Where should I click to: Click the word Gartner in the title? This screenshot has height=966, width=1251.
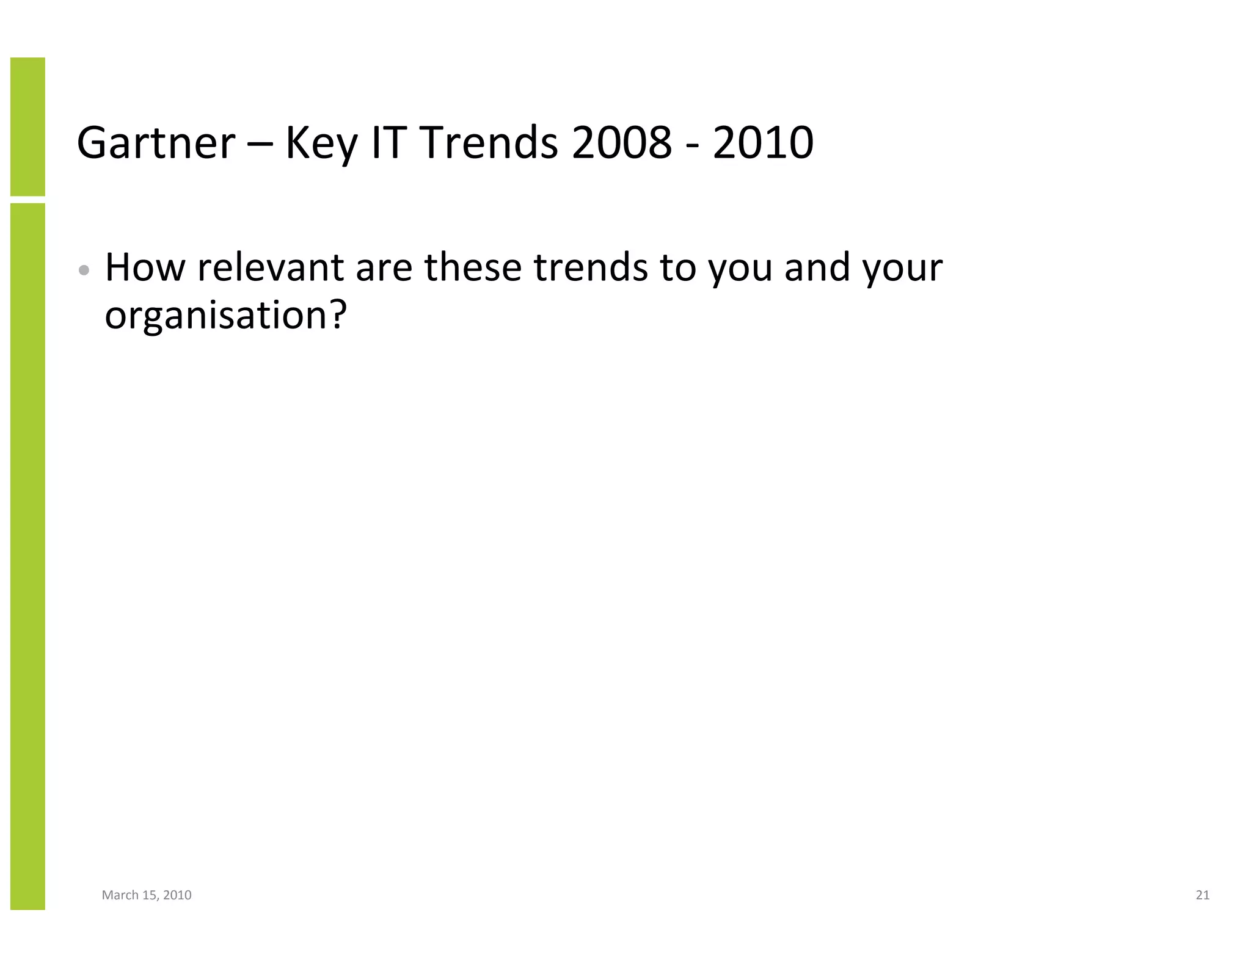[x=156, y=143]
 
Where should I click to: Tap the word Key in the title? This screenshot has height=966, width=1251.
[x=321, y=143]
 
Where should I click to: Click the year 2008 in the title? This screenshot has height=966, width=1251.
[x=621, y=143]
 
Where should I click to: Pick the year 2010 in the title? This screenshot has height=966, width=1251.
[x=763, y=143]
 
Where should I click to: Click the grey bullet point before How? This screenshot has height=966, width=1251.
[x=84, y=270]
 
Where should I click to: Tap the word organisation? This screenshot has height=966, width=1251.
[x=217, y=316]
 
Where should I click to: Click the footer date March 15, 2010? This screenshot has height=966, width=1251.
[x=147, y=895]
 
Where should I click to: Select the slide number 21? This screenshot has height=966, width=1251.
[x=1202, y=895]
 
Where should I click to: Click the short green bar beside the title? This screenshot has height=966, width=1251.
[x=27, y=126]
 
